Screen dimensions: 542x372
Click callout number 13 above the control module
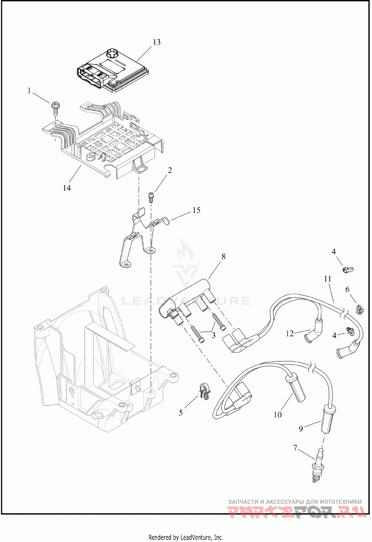[x=156, y=42]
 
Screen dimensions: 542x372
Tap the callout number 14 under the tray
[x=67, y=188]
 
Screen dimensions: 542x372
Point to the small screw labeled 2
[x=151, y=196]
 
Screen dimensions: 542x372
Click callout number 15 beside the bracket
[x=196, y=211]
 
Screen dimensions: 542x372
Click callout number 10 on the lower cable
[x=278, y=415]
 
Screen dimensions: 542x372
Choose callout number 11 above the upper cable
[x=328, y=279]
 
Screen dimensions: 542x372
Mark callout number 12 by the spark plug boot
[x=290, y=333]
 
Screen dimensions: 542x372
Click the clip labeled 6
[x=360, y=308]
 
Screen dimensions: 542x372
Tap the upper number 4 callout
[x=334, y=251]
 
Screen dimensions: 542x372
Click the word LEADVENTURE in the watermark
[x=186, y=301]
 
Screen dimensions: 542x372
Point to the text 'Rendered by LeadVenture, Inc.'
[x=186, y=537]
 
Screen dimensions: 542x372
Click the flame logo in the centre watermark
[x=186, y=251]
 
